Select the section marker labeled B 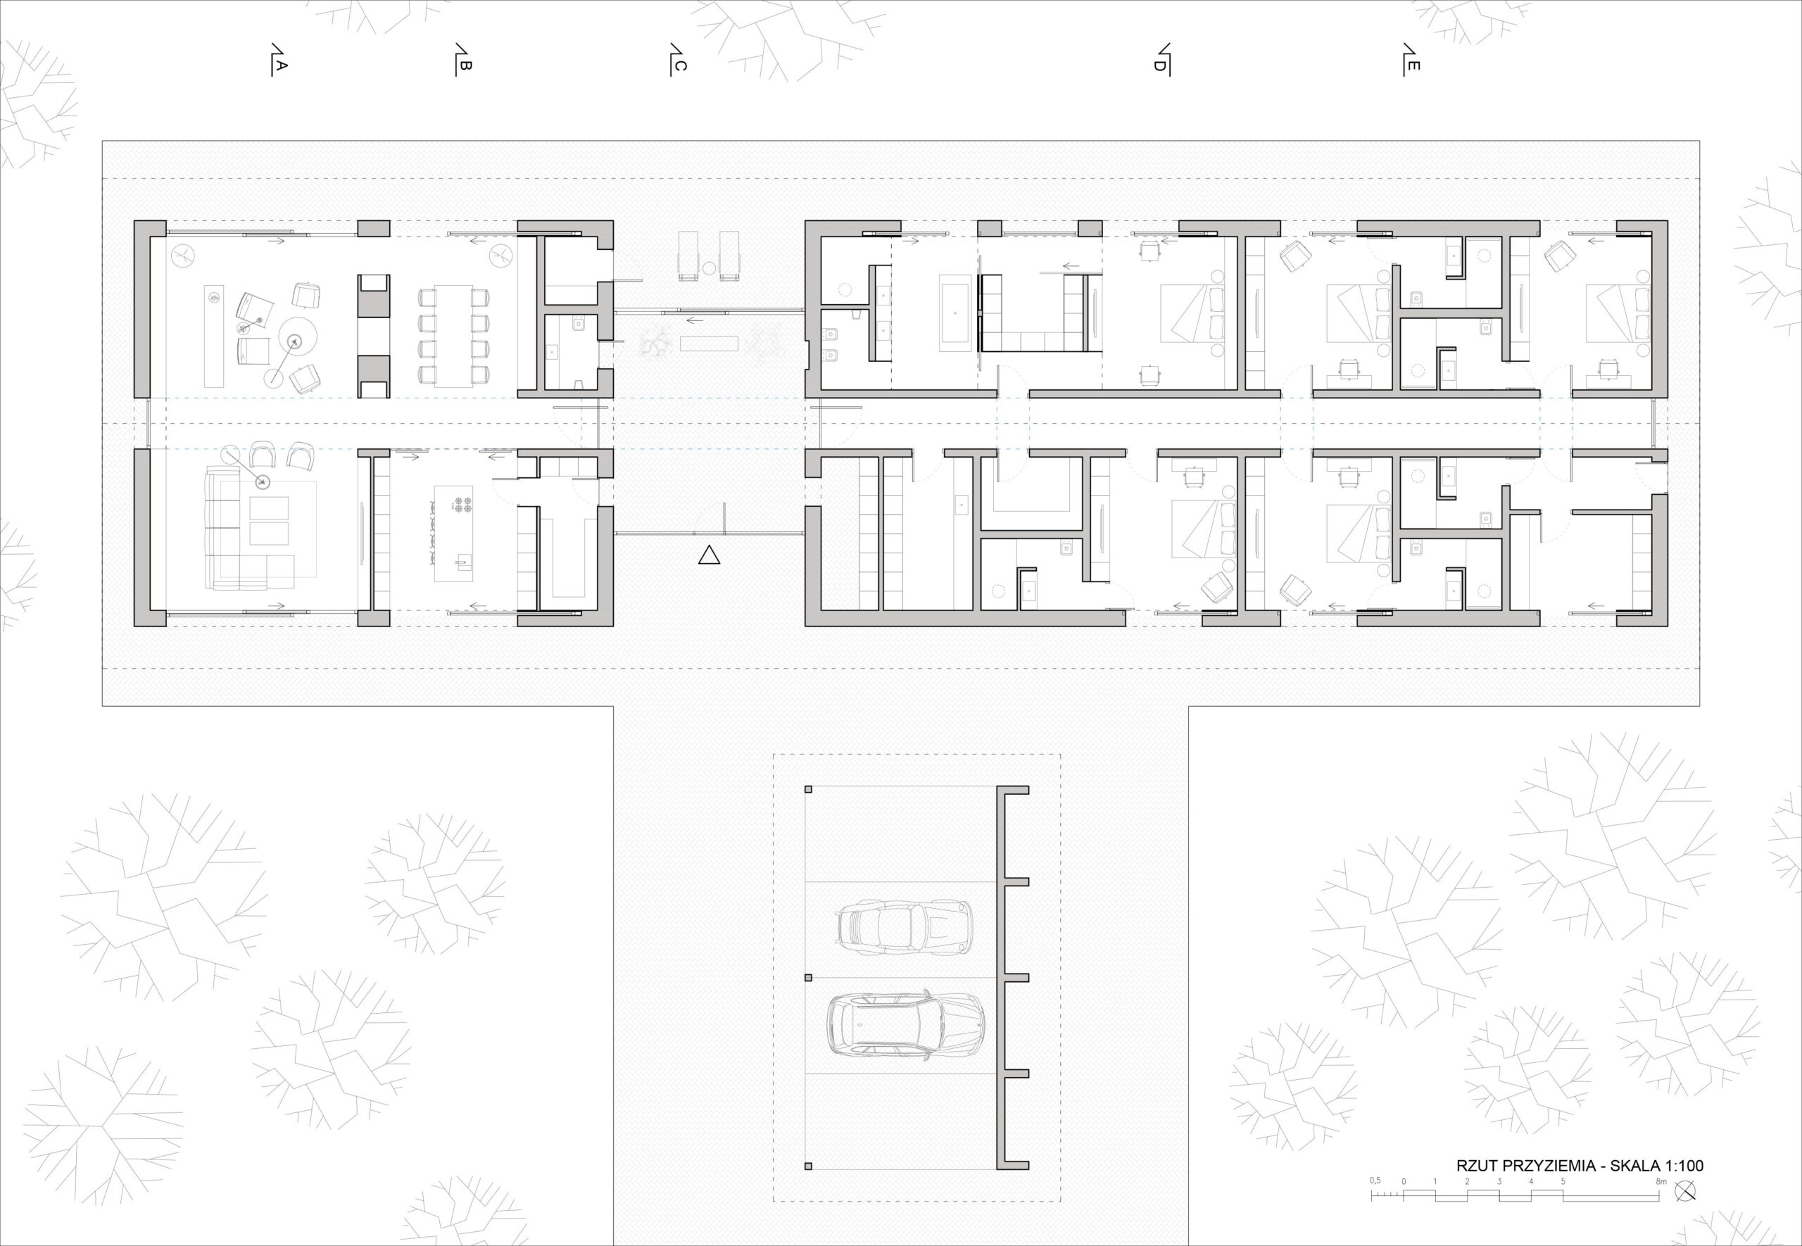(x=462, y=59)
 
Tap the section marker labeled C (x=677, y=59)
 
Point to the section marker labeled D (x=1161, y=59)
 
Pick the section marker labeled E (x=1410, y=59)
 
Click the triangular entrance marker (x=709, y=555)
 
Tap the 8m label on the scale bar (x=1661, y=1203)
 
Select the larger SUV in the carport (x=905, y=1025)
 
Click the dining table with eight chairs (x=453, y=336)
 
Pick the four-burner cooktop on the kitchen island (x=461, y=503)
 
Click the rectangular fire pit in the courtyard (x=709, y=344)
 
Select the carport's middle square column (x=809, y=977)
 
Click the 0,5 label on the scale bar (x=1375, y=1202)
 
